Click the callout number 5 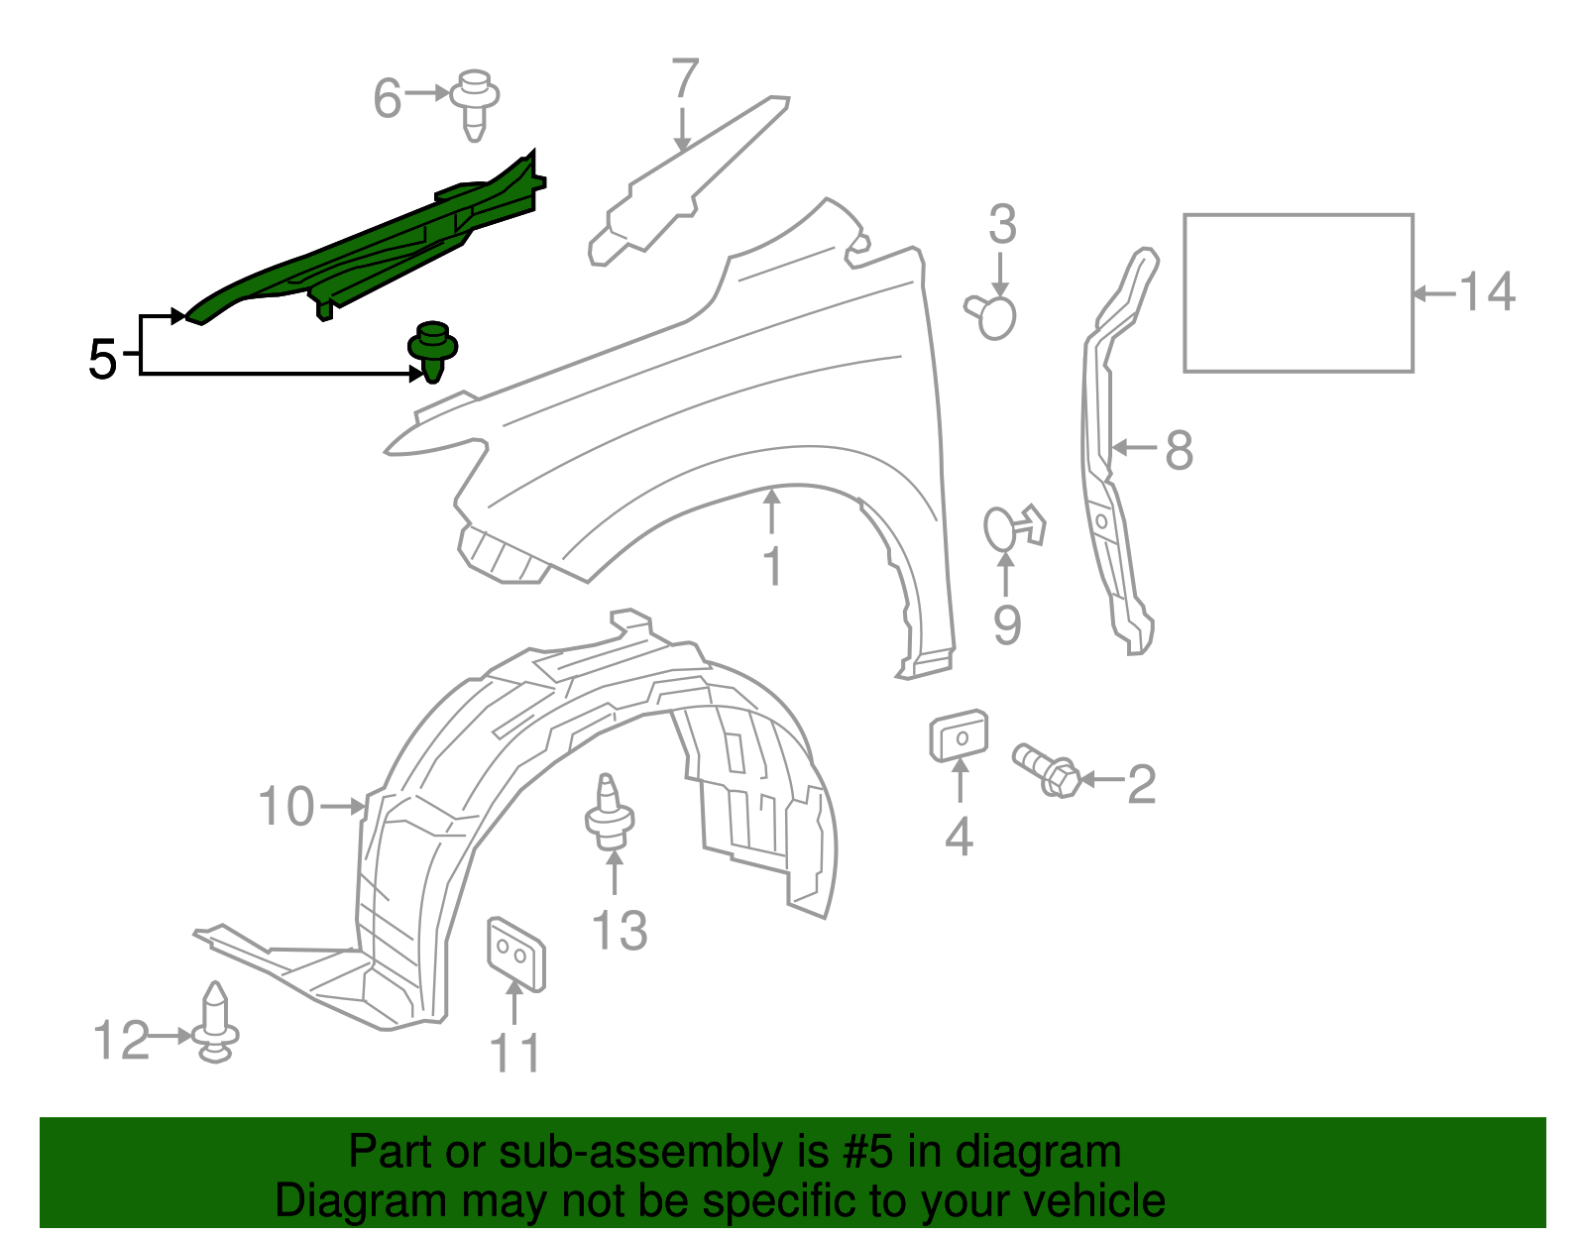[102, 359]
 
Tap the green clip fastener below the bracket [432, 350]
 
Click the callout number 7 [684, 79]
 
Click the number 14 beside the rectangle [1487, 292]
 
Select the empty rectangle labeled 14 [1298, 293]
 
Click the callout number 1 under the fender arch [772, 567]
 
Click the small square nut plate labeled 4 [958, 736]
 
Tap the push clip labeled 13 [610, 817]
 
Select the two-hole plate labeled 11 [515, 954]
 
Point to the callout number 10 [285, 807]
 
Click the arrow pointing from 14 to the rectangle [1433, 293]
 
